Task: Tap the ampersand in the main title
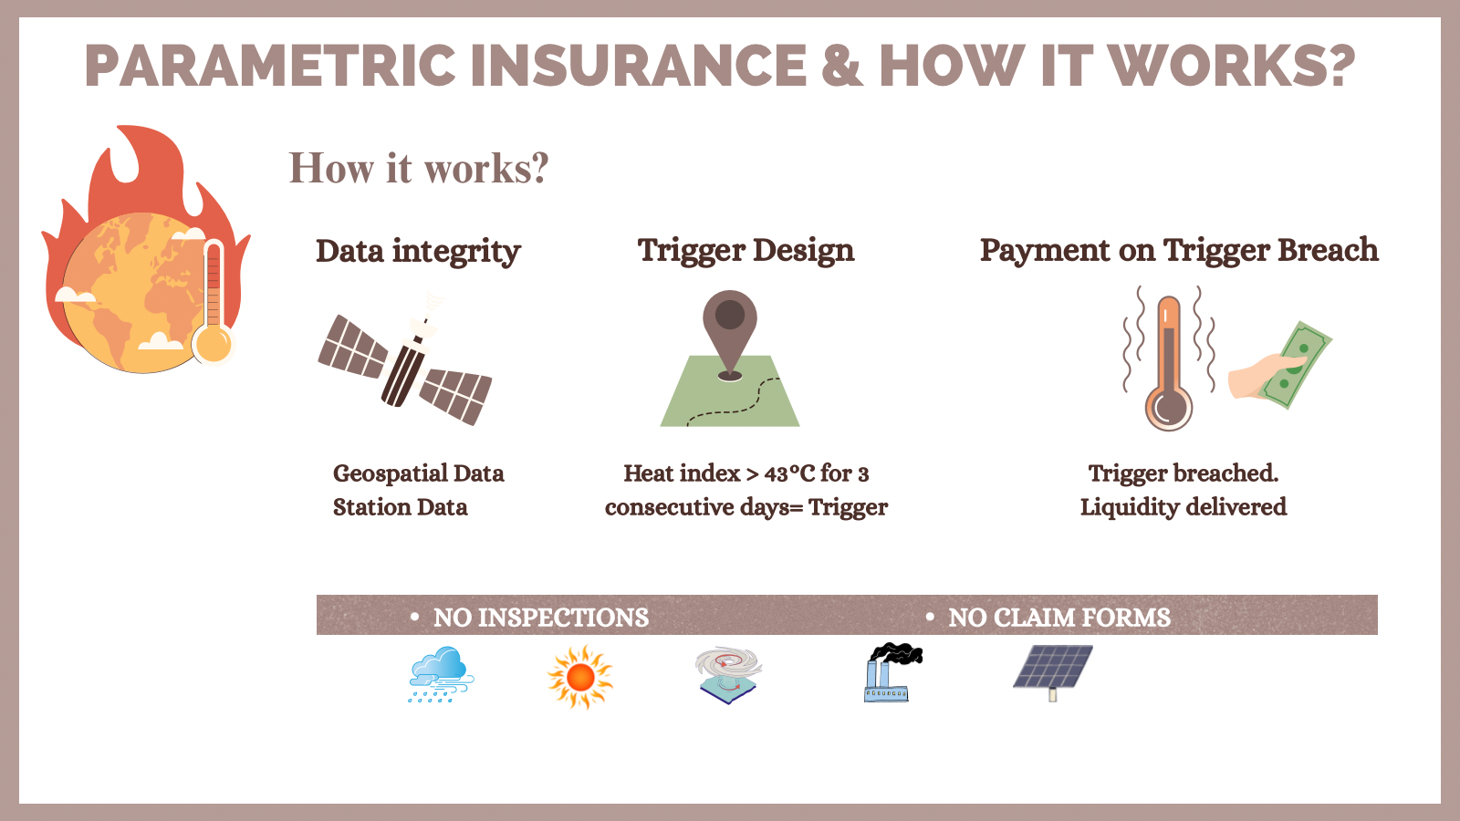tap(842, 65)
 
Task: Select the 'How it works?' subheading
tap(419, 168)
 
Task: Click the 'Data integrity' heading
tap(419, 252)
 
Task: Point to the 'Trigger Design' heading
tap(746, 251)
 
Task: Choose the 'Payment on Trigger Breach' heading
tap(1179, 251)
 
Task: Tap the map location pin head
tap(730, 315)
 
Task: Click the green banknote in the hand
tap(1296, 364)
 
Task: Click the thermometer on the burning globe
tap(214, 302)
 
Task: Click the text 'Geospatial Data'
tap(419, 473)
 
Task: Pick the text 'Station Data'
tap(401, 507)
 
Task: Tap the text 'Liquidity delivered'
tap(1184, 507)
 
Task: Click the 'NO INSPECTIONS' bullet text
tap(541, 618)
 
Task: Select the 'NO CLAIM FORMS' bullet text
tap(1059, 618)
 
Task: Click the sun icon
tap(580, 677)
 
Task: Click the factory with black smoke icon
tap(893, 672)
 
